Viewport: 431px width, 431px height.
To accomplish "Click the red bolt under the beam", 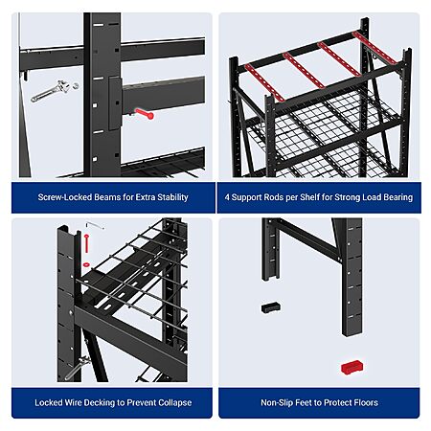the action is pos(145,114).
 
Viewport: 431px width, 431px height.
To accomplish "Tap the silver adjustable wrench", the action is pos(51,91).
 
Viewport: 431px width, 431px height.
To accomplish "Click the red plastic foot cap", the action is pos(352,367).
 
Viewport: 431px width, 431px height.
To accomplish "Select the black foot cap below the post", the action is pos(271,307).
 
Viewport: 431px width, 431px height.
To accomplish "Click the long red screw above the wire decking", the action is pos(86,243).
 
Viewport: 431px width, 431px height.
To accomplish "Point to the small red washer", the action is pos(86,264).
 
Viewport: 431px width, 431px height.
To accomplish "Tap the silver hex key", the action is pos(95,225).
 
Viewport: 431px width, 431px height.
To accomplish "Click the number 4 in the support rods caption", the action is pos(227,197).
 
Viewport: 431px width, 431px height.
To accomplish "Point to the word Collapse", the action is pos(175,403).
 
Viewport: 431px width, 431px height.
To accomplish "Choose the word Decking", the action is pos(95,403).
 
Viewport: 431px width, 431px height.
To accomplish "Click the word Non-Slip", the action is pos(277,402).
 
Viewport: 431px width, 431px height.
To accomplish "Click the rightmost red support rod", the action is pos(374,48).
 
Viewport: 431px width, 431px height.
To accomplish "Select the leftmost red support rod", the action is pos(264,82).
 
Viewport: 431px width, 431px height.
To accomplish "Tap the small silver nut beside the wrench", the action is pos(76,85).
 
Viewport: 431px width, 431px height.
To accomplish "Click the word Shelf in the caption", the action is pos(310,197).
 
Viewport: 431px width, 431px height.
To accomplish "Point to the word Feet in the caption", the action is pos(303,402).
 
